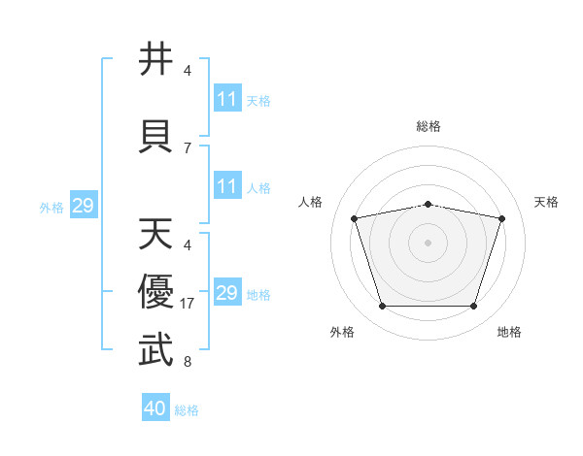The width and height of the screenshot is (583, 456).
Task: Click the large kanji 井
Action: coord(155,58)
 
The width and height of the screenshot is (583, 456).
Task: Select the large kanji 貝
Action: coord(155,136)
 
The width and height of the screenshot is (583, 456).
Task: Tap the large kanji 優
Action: coord(155,291)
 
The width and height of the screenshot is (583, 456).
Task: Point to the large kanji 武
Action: coord(155,349)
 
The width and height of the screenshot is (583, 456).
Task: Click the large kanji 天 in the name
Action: coord(155,233)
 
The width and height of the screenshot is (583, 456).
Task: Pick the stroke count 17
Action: coord(187,304)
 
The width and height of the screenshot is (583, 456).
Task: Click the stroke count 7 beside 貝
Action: coord(188,148)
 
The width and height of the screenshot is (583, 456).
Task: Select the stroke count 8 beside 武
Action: coord(188,361)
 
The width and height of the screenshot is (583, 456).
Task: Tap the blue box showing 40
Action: coord(155,407)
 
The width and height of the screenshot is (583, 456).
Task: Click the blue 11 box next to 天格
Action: coord(228,97)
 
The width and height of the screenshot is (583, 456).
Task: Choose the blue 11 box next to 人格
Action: coord(228,185)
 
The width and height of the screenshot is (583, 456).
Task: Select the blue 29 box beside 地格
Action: coord(228,291)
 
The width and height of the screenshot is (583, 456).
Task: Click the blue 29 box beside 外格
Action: coord(84,205)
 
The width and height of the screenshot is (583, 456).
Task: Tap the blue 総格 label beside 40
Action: coord(187,410)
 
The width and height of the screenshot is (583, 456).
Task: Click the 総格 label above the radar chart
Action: coord(429,126)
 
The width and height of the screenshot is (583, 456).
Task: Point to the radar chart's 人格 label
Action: coord(310,202)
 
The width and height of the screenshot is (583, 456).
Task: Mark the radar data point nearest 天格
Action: coord(502,218)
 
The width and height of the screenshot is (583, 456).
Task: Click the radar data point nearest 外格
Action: coord(383,307)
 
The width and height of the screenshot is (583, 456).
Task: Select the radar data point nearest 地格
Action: coord(474,307)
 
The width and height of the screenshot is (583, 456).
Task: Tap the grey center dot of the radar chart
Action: coord(428,243)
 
